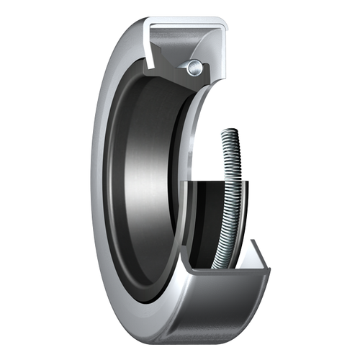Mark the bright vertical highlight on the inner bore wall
pyautogui.click(x=130, y=180)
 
